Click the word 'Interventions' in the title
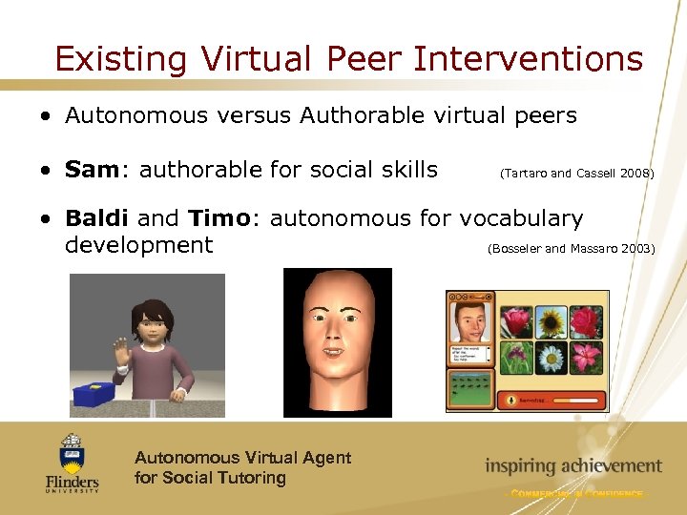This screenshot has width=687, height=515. point(529,59)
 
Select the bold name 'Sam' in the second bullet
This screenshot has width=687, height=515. point(91,171)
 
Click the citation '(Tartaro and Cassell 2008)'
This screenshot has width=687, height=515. point(576,174)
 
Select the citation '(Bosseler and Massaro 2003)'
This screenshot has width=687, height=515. point(571,249)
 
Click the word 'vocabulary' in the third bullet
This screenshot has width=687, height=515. point(521,218)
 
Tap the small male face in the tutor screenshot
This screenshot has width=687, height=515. point(470,322)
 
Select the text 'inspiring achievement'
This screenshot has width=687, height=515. point(572,466)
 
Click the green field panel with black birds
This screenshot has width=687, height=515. point(470,390)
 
